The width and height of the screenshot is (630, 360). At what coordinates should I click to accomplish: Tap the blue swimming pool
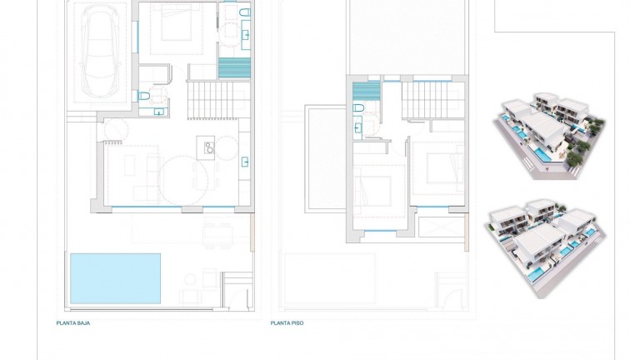pos(115,278)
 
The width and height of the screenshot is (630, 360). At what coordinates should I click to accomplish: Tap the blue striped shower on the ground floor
pos(233,68)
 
